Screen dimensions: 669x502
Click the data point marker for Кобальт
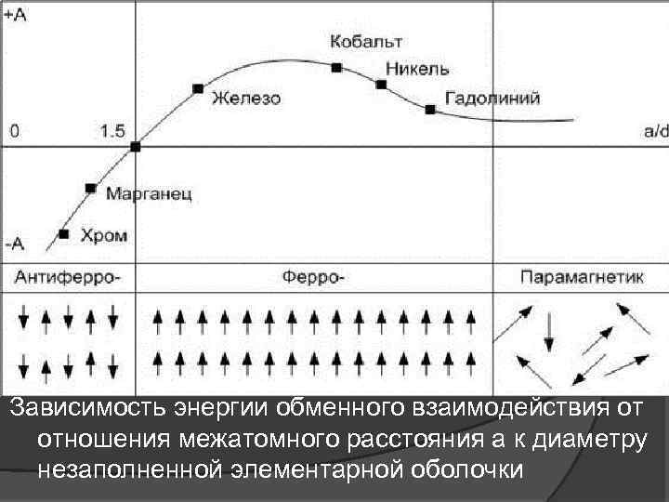click(x=336, y=66)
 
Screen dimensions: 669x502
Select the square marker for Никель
click(x=381, y=85)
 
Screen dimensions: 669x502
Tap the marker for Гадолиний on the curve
click(x=429, y=109)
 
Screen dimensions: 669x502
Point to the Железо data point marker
click(x=198, y=88)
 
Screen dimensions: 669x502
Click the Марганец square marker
click(x=90, y=188)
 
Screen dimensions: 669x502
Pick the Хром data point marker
click(x=63, y=234)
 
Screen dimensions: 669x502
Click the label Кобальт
click(x=366, y=43)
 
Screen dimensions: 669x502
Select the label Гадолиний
click(x=492, y=98)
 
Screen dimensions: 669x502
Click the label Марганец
click(x=149, y=194)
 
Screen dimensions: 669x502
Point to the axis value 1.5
click(x=112, y=132)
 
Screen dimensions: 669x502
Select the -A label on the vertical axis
click(x=15, y=245)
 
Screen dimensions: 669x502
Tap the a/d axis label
click(x=655, y=131)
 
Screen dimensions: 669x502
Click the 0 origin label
click(x=13, y=132)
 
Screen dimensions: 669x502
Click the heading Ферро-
click(x=313, y=276)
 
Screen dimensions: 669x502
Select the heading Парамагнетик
click(x=582, y=276)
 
